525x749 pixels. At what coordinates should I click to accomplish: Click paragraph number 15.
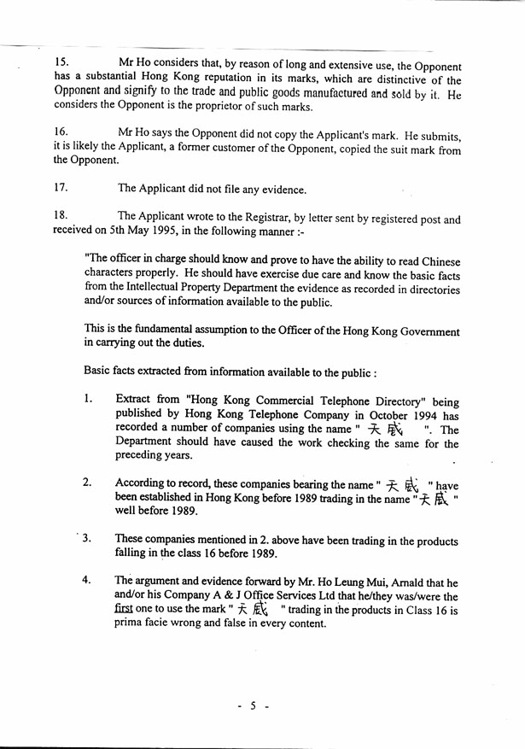[x=61, y=64]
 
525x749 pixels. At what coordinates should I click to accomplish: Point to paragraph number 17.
[x=61, y=188]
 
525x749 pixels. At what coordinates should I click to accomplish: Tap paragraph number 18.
[x=61, y=215]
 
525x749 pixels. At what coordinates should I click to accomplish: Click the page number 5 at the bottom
[x=254, y=705]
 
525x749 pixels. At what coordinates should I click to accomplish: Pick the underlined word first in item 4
[x=125, y=610]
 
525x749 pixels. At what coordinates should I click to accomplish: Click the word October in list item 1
[x=370, y=417]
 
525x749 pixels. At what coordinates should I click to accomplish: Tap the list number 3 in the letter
[x=88, y=540]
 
